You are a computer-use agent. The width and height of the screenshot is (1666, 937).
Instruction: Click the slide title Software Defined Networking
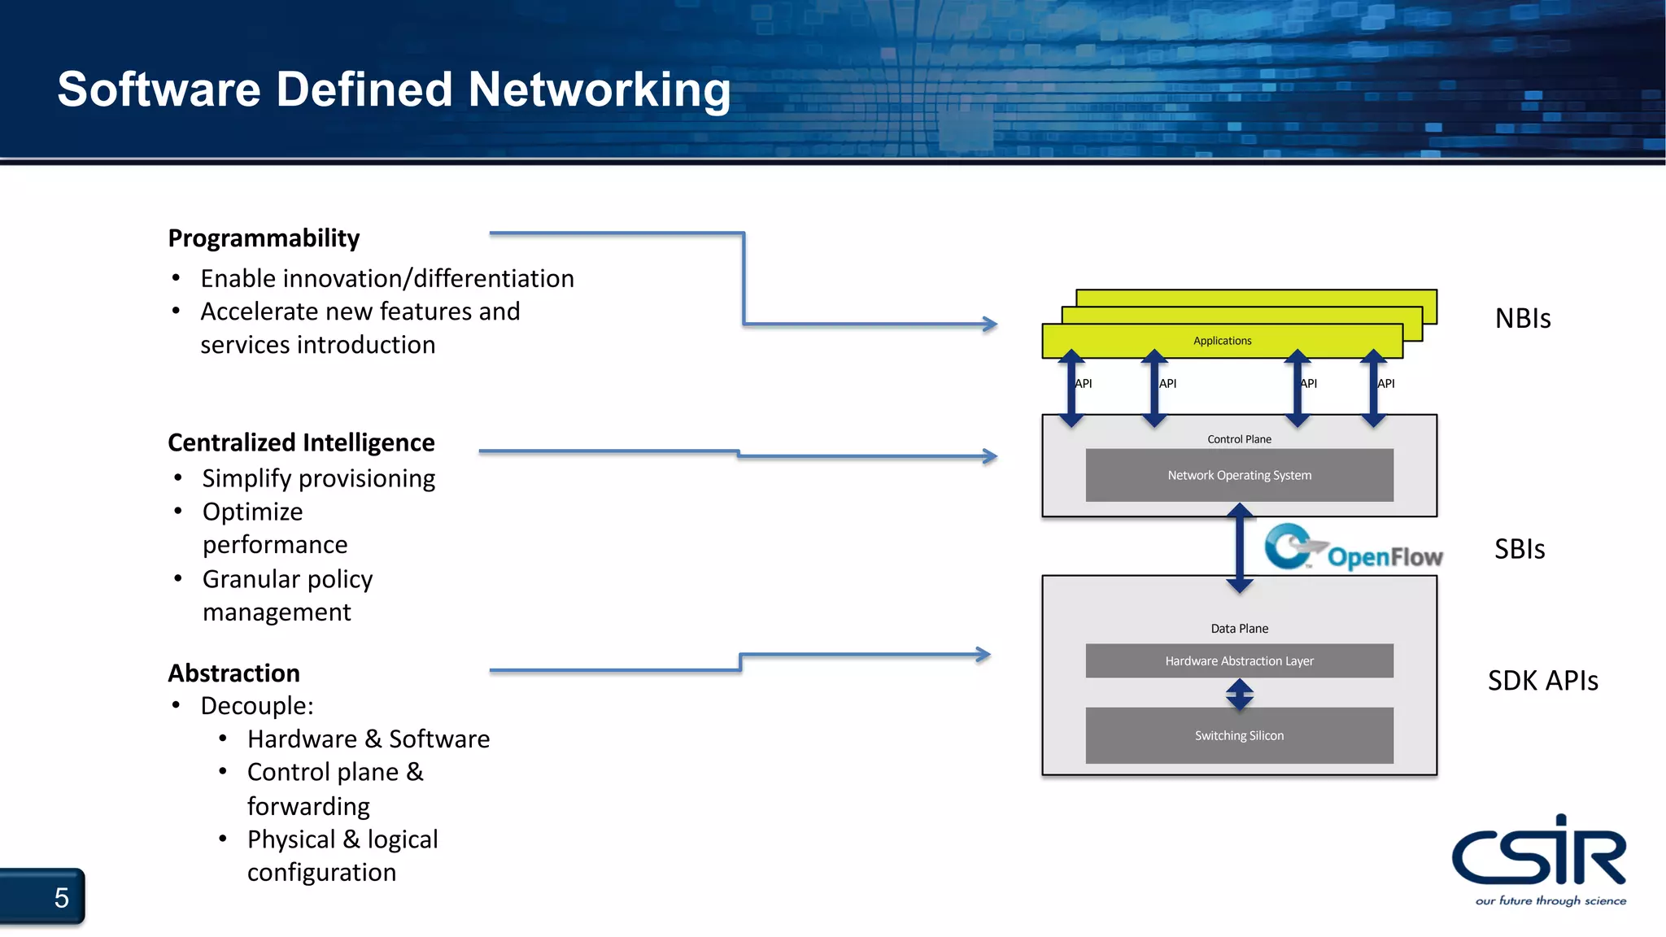[394, 89]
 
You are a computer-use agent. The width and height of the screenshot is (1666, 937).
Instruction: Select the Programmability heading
[264, 238]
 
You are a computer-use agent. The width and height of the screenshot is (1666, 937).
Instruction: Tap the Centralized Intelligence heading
[301, 442]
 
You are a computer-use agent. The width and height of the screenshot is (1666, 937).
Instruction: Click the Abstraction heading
[233, 673]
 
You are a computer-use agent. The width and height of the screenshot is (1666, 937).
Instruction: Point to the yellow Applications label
[1222, 341]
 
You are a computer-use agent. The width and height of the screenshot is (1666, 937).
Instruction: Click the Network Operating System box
[1239, 475]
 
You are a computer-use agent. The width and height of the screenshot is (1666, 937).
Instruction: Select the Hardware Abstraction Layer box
[1239, 660]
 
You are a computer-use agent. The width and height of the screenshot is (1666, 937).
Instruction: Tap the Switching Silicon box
[1239, 735]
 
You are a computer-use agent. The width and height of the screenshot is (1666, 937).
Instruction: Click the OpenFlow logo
[1354, 548]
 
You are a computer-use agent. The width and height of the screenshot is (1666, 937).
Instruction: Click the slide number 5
[61, 898]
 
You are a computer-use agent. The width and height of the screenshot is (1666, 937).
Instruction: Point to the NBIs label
[1523, 318]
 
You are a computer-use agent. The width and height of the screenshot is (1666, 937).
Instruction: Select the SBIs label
[1520, 549]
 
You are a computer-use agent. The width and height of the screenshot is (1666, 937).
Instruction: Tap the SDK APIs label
[1542, 680]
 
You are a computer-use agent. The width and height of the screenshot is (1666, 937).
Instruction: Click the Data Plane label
[1239, 629]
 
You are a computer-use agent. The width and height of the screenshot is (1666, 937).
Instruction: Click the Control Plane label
[1239, 439]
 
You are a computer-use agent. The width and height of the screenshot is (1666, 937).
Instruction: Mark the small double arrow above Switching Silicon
[1239, 694]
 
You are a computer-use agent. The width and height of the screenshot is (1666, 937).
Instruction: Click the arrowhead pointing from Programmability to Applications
[990, 324]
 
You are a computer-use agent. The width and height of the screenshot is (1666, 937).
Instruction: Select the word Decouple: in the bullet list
[257, 706]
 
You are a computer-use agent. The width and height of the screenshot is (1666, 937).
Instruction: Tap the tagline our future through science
[1550, 900]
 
